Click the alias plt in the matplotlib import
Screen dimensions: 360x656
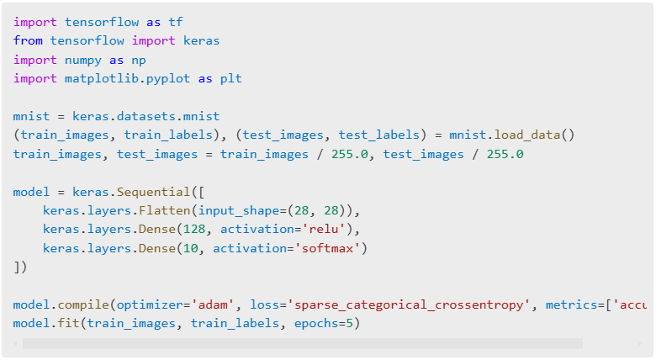231,78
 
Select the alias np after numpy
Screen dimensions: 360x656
135,60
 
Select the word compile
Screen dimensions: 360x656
83,304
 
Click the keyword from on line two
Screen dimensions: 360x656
28,40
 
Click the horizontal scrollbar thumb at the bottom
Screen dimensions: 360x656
302,343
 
